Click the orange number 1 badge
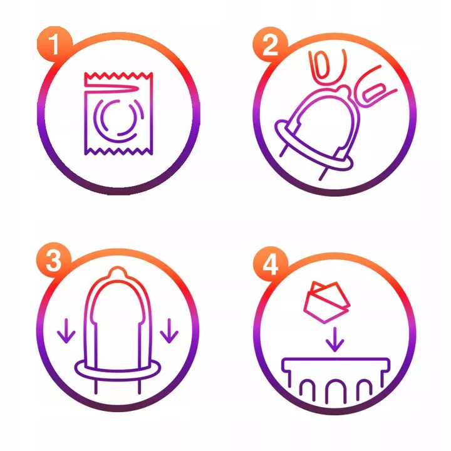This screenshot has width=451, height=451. point(54,44)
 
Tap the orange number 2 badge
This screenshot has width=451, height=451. point(270,45)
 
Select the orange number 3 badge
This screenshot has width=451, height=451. point(53,260)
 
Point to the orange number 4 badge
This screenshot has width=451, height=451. point(271,264)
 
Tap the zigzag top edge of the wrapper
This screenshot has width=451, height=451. point(118,76)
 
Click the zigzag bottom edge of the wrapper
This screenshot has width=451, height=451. point(118,152)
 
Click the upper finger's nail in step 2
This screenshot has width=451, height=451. point(321,65)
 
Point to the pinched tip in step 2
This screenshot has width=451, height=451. point(344,90)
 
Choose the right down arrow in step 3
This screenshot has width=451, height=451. point(169,331)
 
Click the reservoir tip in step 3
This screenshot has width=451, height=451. point(117,272)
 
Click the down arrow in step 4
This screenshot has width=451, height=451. point(334,340)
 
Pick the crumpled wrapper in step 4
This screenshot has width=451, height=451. point(327,302)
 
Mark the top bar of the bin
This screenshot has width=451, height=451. point(335,360)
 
